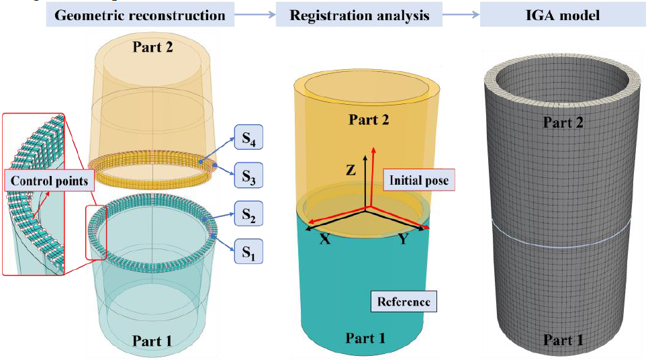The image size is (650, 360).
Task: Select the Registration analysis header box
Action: coord(359,15)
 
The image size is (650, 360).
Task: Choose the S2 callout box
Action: coord(248,216)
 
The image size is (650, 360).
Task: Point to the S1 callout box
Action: coord(248,253)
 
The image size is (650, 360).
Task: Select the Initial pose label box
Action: coord(418,180)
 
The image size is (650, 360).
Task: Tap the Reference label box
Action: coord(404,301)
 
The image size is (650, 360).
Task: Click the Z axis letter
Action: coord(351,171)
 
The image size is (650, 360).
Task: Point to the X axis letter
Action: coord(324,240)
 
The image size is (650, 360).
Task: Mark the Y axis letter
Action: coord(403,240)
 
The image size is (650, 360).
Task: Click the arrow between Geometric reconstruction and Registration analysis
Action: coord(254,15)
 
